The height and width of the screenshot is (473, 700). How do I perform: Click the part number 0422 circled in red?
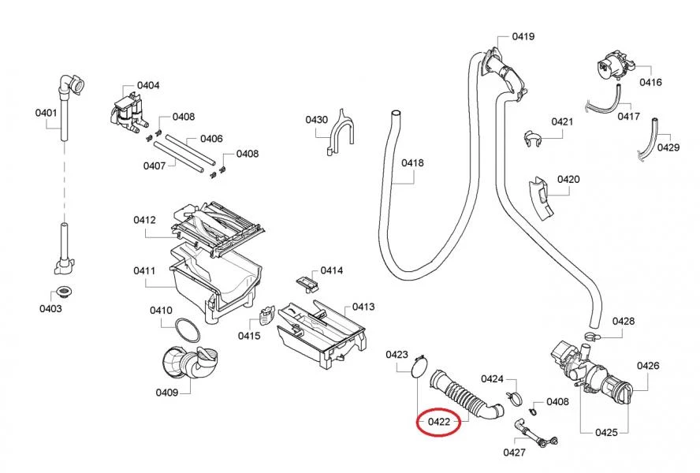click(x=438, y=422)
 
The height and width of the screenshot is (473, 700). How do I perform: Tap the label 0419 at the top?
click(x=523, y=36)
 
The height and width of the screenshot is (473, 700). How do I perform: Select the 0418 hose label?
click(x=412, y=163)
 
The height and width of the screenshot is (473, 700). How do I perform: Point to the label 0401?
click(x=47, y=113)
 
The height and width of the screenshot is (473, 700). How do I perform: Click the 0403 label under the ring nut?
click(x=50, y=308)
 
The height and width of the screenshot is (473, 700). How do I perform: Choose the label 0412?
click(x=144, y=220)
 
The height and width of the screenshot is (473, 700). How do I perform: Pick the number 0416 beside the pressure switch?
click(x=650, y=82)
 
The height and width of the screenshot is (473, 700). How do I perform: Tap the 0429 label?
click(x=668, y=147)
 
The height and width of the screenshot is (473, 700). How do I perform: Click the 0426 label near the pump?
click(x=648, y=366)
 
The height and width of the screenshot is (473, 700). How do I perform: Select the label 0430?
click(x=316, y=120)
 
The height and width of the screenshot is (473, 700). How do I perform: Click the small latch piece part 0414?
click(x=307, y=280)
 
